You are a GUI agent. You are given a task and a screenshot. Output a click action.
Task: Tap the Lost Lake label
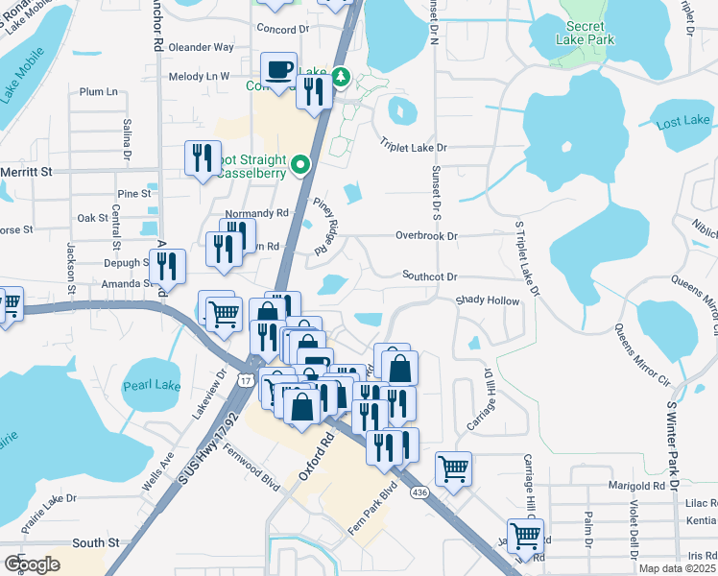point(682,121)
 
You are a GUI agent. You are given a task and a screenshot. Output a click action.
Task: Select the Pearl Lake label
point(152,386)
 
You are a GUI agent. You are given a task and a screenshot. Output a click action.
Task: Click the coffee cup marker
point(279,70)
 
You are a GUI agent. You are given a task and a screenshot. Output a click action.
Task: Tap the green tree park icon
point(341,75)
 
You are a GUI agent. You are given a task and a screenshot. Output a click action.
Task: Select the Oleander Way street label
point(202,47)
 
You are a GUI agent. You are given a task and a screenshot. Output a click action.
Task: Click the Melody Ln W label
point(199,77)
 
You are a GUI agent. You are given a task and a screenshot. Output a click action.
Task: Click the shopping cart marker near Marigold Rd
point(454,469)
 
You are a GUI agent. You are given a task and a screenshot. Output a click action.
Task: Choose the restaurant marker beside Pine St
point(203,157)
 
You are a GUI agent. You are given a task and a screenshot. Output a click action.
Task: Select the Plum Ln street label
point(99,92)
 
